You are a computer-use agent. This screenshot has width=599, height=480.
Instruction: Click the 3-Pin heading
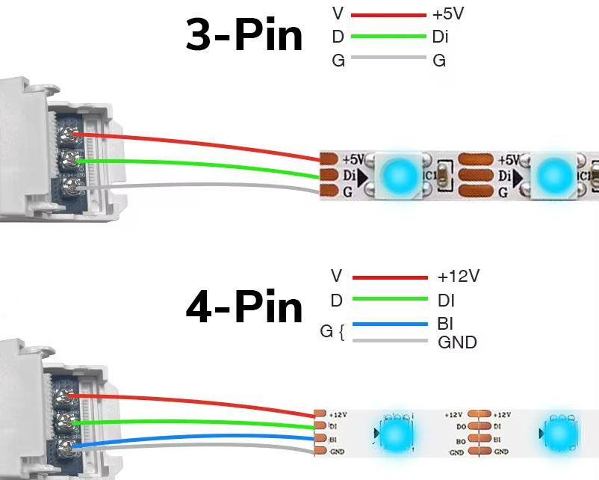click(243, 37)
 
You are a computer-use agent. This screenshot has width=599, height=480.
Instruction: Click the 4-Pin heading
click(243, 307)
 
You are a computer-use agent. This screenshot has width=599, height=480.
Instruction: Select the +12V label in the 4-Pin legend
click(458, 277)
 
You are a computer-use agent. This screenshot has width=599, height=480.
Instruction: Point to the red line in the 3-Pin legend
click(388, 14)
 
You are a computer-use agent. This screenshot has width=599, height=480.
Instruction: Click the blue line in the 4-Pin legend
click(390, 324)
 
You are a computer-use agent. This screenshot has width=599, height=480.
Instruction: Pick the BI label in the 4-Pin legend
click(445, 324)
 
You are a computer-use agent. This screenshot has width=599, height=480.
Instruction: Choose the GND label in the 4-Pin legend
click(456, 342)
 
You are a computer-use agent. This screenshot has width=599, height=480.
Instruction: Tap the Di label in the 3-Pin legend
click(441, 36)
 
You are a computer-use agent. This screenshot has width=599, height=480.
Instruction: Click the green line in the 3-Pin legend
click(388, 36)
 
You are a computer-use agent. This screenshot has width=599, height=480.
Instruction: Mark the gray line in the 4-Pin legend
click(390, 342)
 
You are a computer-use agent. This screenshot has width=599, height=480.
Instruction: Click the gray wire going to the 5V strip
click(194, 185)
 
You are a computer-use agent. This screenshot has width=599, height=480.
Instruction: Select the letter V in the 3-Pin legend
click(338, 14)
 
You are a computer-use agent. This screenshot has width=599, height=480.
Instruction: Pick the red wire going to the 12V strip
click(194, 400)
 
